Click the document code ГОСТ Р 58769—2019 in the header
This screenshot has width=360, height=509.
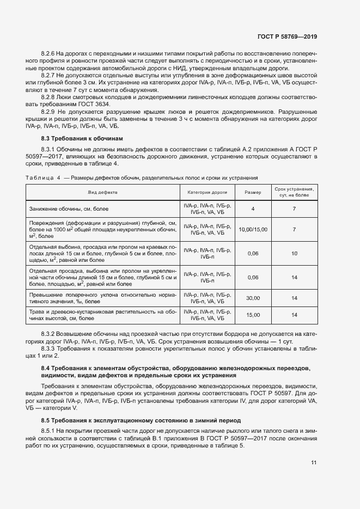coord(287,36)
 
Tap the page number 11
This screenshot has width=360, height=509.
coord(314,463)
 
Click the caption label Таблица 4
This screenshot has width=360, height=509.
coord(43,178)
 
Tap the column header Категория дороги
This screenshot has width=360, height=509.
coord(208,192)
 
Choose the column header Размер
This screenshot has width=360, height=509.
coord(253,192)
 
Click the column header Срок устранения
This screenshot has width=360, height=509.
coord(294,189)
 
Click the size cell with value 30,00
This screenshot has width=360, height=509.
coord(253,298)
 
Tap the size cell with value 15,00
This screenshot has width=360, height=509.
coord(253,315)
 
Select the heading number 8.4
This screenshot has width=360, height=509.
coord(46,369)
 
